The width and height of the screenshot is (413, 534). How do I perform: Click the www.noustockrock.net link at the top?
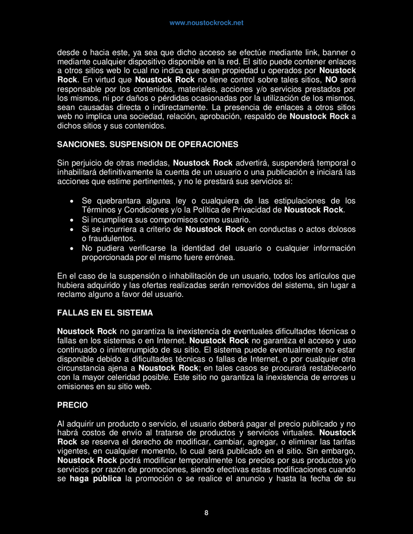[206, 23]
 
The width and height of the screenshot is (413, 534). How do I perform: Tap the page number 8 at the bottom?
[206, 513]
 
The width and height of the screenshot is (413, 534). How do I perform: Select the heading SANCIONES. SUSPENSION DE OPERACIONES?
[147, 144]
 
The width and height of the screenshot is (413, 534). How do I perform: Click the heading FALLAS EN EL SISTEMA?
[105, 313]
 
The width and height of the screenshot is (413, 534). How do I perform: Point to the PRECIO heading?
[72, 405]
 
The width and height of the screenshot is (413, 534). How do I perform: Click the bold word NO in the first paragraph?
[331, 79]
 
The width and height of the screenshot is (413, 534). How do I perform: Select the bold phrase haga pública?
[96, 479]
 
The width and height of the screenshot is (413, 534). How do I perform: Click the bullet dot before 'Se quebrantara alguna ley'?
[72, 201]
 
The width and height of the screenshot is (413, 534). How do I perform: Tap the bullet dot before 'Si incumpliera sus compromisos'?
[72, 220]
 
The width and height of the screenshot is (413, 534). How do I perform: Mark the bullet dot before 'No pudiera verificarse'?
[72, 248]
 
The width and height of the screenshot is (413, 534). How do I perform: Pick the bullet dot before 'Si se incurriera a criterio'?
[72, 230]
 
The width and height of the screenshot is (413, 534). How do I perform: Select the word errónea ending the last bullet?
[219, 257]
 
